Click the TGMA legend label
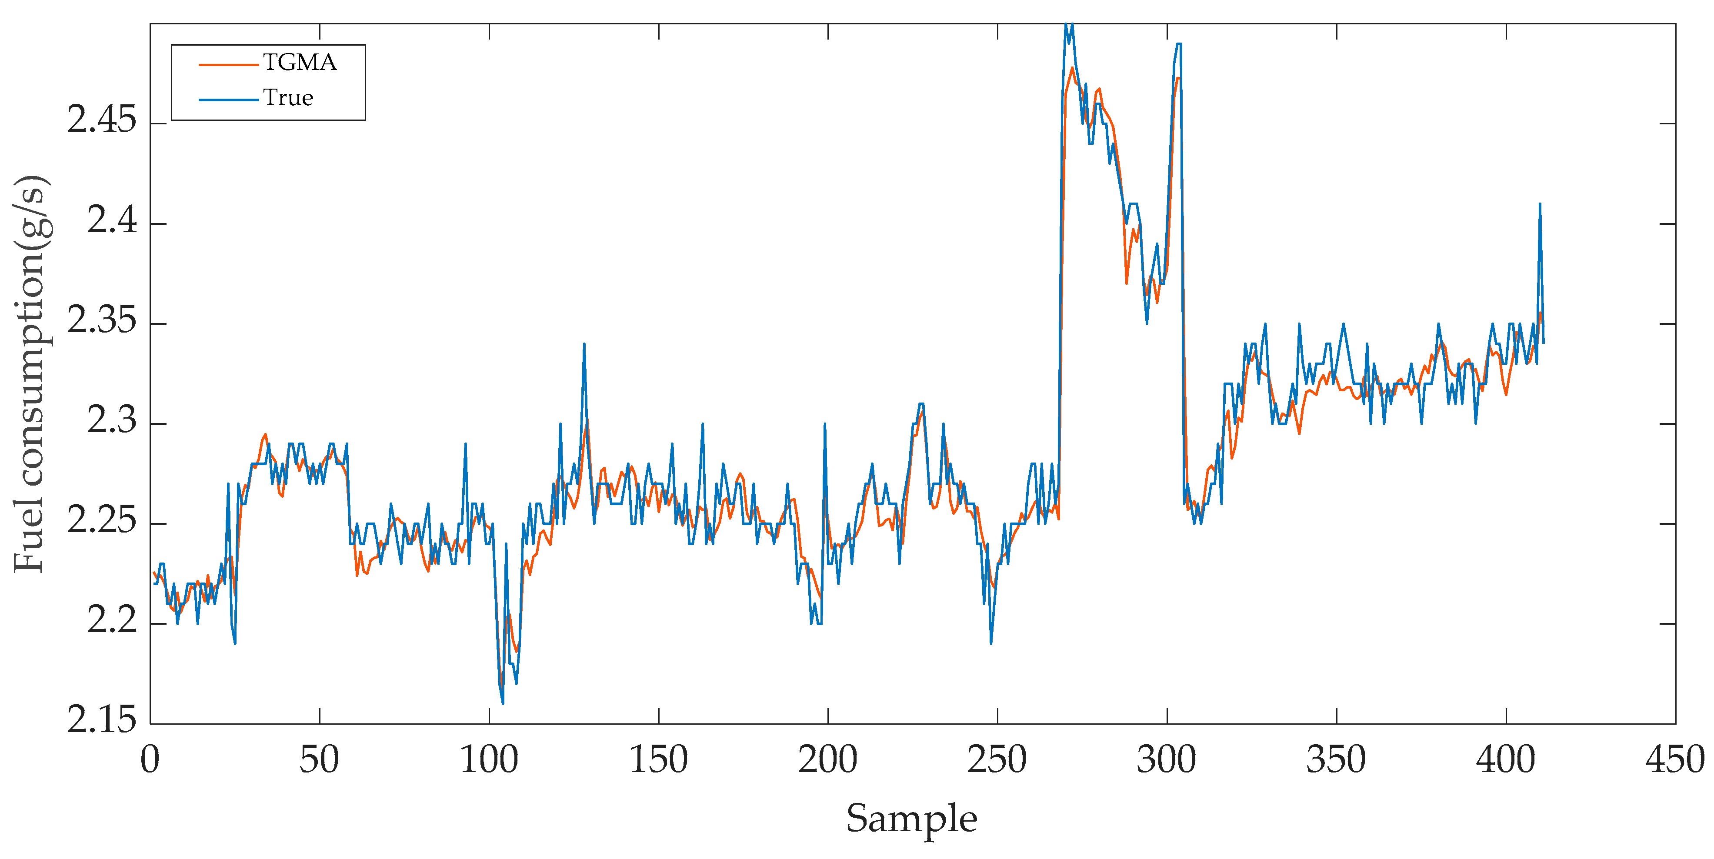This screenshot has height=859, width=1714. pos(300,63)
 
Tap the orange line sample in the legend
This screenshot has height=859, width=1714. pos(228,64)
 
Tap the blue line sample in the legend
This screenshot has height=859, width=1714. pos(228,100)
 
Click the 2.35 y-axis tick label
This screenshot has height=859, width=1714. pos(101,321)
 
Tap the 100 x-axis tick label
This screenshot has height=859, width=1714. pos(489,760)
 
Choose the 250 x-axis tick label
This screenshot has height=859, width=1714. pos(997,760)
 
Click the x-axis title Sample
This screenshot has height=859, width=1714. pos(911,819)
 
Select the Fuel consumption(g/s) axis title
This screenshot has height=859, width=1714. pos(30,373)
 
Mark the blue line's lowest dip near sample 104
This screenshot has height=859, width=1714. pos(502,703)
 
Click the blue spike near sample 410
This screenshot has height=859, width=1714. pos(1540,205)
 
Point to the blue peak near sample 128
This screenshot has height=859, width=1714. pos(584,345)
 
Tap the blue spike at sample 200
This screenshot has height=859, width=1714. pos(824,425)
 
